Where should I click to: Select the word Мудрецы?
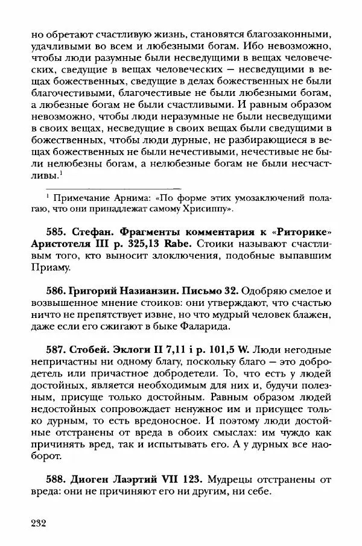tap(232, 481)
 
